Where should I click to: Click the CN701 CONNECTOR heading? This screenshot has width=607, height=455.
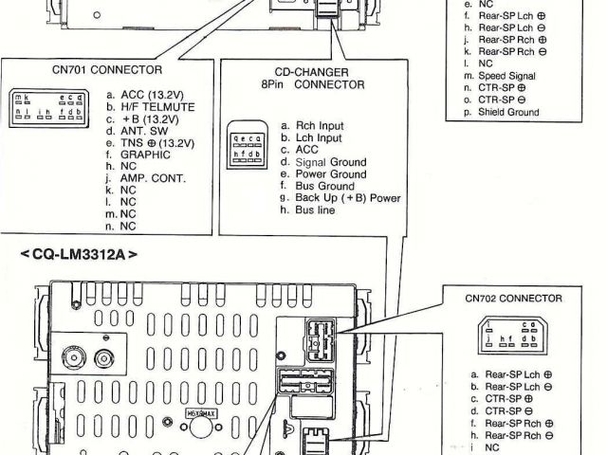coord(106,70)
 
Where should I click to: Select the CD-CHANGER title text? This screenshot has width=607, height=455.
coord(312,72)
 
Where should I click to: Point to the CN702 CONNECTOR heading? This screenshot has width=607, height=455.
coord(513,297)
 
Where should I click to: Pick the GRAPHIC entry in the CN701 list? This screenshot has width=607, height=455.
coord(138,155)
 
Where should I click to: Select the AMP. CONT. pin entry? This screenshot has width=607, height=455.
coord(145,178)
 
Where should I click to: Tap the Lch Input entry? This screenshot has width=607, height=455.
coord(316,137)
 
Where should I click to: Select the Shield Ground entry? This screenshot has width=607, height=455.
coord(506,113)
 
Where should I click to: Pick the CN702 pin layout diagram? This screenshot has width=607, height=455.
coord(511,337)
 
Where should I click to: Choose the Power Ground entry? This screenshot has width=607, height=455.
coord(329,174)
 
